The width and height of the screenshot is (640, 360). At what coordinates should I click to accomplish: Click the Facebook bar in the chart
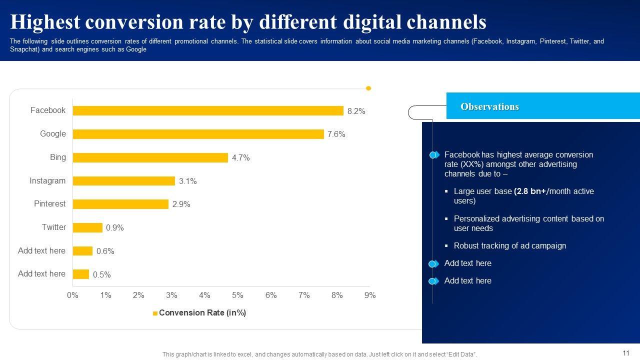(208, 110)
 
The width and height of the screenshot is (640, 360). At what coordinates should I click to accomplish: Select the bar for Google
(198, 134)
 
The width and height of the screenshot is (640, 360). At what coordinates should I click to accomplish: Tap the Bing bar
(150, 157)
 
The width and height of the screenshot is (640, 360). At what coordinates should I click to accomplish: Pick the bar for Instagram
(123, 181)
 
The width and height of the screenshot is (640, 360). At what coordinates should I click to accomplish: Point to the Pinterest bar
(120, 204)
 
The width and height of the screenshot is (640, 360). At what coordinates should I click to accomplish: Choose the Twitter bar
(87, 227)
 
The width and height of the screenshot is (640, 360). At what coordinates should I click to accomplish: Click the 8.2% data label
(356, 111)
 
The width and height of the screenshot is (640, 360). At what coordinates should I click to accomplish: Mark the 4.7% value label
(240, 158)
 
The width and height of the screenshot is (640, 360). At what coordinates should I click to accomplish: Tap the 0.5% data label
(101, 274)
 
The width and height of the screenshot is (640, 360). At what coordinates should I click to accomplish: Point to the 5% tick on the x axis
(237, 295)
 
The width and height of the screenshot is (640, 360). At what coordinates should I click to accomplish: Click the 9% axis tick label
(370, 295)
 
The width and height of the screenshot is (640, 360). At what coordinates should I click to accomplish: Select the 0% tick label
(72, 295)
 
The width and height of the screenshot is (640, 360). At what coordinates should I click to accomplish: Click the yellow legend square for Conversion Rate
(155, 313)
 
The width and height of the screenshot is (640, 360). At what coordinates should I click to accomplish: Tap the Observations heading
(489, 106)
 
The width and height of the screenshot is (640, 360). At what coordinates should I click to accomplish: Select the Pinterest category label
(49, 204)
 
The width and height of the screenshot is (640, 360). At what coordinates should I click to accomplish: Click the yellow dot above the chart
(368, 88)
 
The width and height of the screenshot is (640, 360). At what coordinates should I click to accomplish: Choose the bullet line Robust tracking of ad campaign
(509, 246)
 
